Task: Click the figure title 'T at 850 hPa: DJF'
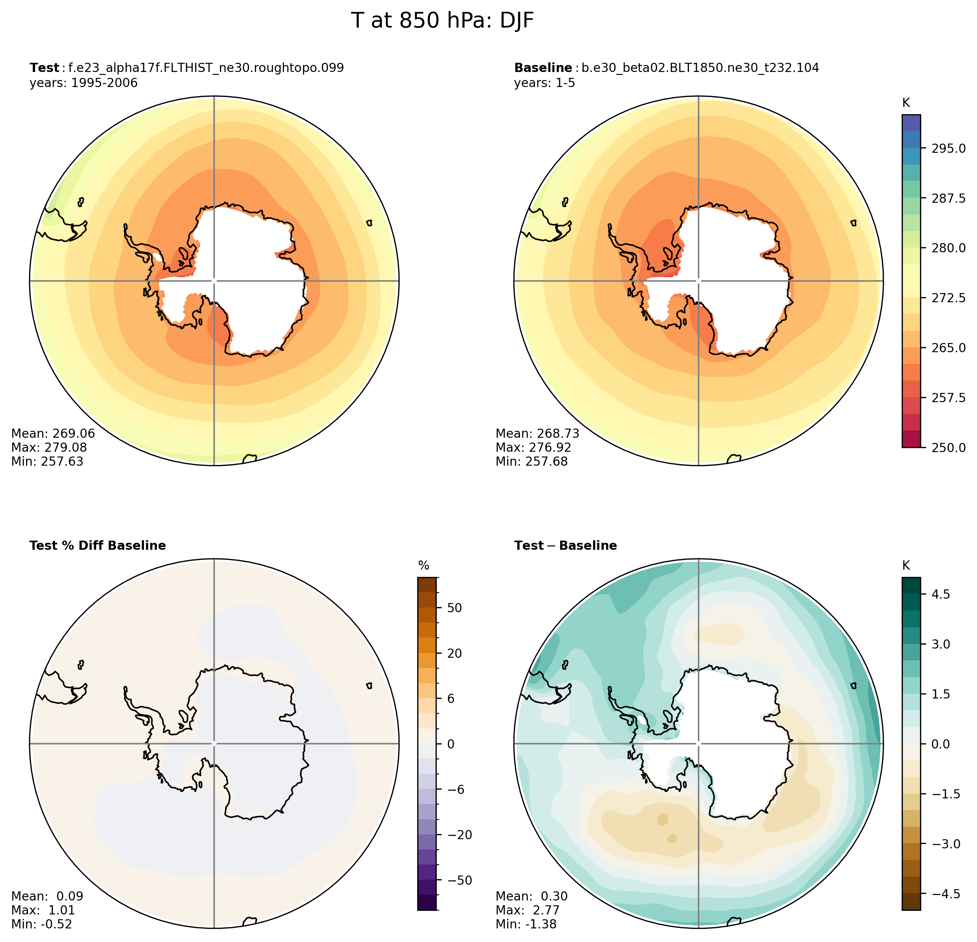[442, 21]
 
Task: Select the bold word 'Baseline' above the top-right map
[543, 68]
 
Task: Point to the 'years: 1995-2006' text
[83, 83]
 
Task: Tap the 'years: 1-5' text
[544, 83]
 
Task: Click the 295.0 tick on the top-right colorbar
[948, 148]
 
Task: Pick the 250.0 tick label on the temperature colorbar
[948, 448]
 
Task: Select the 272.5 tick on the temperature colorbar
[948, 298]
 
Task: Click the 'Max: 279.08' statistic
[49, 448]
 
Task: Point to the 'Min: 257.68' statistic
[531, 462]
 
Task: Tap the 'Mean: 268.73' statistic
[537, 434]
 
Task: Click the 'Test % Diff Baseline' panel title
[98, 546]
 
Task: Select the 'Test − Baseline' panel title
[565, 546]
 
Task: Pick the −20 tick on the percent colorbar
[457, 835]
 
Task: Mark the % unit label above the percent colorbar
[424, 565]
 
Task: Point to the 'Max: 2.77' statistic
[527, 910]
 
